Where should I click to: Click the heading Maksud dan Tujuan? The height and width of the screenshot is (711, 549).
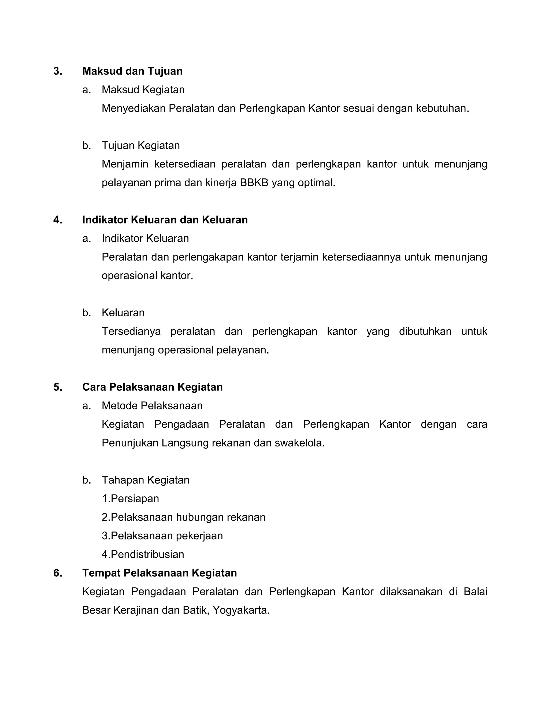(132, 71)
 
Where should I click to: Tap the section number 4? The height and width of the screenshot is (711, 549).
(58, 220)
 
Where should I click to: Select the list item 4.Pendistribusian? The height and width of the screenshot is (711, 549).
(143, 554)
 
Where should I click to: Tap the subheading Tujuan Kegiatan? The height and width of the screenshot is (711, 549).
(140, 145)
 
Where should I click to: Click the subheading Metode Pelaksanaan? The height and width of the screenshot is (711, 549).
(152, 406)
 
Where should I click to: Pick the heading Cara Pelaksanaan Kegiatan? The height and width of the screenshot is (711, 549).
(152, 387)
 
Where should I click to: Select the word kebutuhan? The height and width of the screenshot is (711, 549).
(442, 108)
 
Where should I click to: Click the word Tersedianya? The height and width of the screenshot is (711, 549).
(131, 331)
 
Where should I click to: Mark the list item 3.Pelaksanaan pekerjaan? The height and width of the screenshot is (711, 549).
(162, 536)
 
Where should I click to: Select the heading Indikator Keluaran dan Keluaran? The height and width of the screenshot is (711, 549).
(165, 220)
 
